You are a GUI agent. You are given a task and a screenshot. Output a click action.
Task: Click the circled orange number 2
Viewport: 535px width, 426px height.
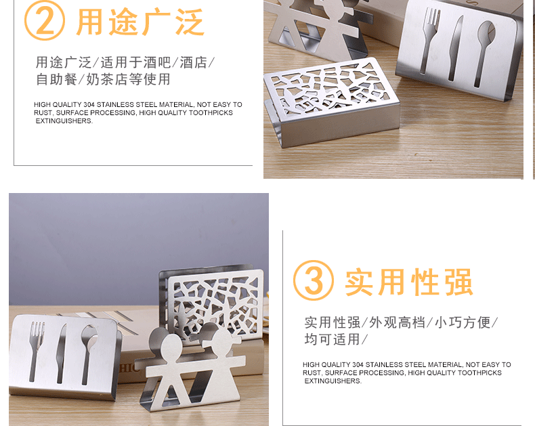point(44,20)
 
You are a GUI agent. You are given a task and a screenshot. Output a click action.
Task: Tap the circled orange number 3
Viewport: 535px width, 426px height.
point(314,280)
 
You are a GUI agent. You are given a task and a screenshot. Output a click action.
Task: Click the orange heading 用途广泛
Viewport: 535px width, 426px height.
point(140,22)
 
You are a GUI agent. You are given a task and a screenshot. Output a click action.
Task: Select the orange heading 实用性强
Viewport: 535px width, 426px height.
point(409,282)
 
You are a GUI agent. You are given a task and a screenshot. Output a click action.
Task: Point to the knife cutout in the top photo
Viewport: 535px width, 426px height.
point(455,48)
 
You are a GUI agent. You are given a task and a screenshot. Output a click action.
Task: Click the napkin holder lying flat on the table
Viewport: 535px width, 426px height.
point(331,102)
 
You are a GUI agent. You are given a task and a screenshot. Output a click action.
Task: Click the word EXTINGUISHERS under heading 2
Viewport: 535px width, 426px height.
point(64,121)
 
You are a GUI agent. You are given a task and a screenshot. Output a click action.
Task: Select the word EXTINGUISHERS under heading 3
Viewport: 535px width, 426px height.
point(333,381)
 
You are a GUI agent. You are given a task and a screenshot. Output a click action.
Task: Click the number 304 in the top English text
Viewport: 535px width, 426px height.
point(89,105)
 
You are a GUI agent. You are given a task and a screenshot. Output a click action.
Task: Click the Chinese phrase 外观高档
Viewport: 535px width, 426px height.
point(397,322)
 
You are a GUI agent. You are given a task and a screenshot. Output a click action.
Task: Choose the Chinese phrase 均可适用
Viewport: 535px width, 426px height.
point(332,339)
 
